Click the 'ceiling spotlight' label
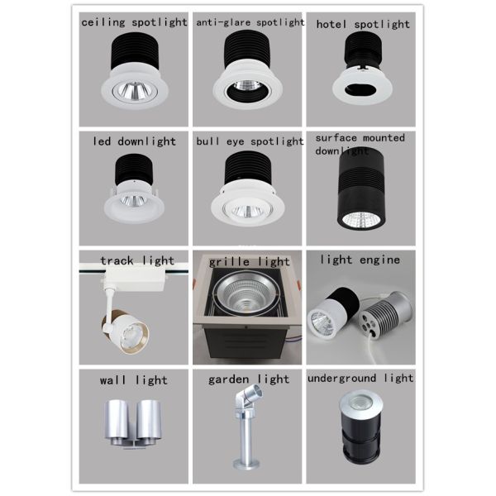pos(134,22)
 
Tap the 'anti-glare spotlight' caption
pos(250,22)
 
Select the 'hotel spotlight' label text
pos(363,25)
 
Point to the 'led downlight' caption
pos(134,141)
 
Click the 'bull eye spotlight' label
pos(250,141)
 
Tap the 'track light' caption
pos(137,261)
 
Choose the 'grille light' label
pos(249,262)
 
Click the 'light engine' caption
pos(360,260)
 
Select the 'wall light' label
pos(133,380)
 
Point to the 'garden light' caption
pos(249,379)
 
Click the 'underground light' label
pos(360,378)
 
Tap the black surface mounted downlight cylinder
pos(361,188)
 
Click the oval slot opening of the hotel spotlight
pos(360,89)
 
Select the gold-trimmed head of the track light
pos(126,331)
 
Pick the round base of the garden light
pos(246,464)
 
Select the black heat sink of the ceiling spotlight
pos(134,51)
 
